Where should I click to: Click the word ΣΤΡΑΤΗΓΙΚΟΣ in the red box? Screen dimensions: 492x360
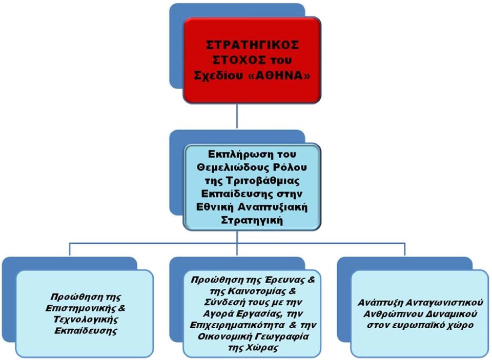click(x=252, y=45)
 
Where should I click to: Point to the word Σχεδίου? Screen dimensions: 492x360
click(x=221, y=76)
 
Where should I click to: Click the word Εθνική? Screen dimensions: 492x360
click(x=215, y=207)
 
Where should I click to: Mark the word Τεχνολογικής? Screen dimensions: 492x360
click(x=86, y=320)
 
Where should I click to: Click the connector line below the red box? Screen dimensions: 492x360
click(x=237, y=116)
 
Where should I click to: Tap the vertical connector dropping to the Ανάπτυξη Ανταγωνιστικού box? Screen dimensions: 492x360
click(x=404, y=250)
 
